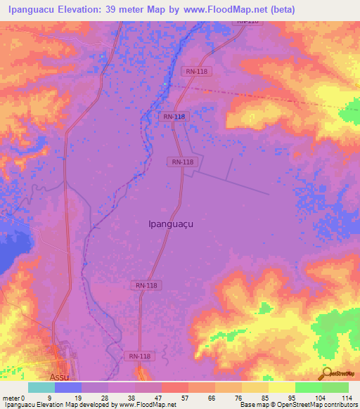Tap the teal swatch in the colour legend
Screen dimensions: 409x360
pyautogui.click(x=41, y=387)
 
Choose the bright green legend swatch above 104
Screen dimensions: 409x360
pyautogui.click(x=308, y=387)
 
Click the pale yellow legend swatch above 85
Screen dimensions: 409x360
pyautogui.click(x=255, y=387)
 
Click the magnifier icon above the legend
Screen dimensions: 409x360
pyautogui.click(x=326, y=373)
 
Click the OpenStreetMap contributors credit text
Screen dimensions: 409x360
pyautogui.click(x=321, y=405)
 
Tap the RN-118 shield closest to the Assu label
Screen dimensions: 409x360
pyautogui.click(x=139, y=357)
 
